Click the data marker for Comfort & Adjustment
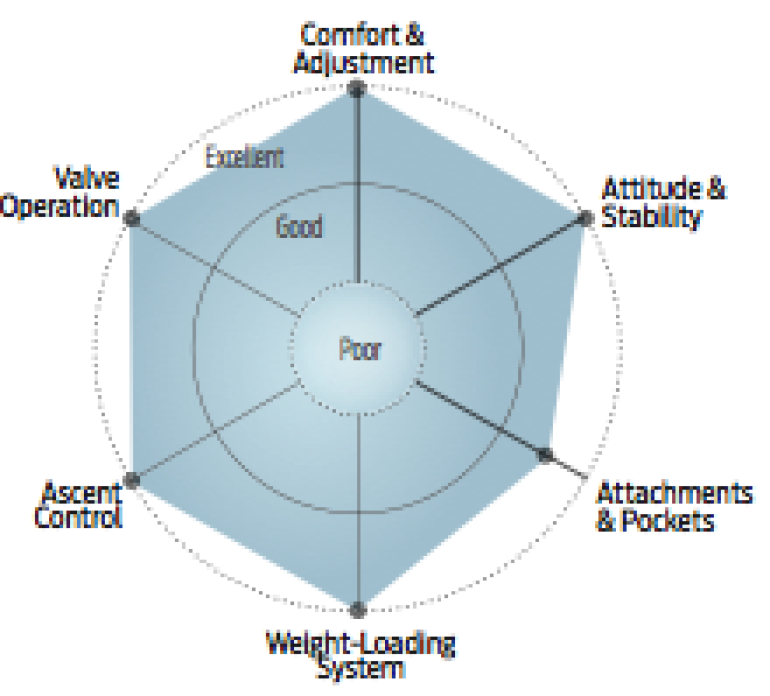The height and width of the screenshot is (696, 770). coord(357,89)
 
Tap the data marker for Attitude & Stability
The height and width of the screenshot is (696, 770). coord(585,218)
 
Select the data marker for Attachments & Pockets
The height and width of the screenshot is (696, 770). coord(545,455)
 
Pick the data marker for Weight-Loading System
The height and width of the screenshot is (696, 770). coord(358,610)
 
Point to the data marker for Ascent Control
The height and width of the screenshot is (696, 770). coord(132,480)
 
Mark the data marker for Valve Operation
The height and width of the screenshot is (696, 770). coord(132,218)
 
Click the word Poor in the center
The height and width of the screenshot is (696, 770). coord(360,348)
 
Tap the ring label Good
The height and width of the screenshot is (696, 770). coord(299,226)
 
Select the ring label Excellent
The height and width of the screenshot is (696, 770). coord(245,157)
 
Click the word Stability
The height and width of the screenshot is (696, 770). coord(651,216)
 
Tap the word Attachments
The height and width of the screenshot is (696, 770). coord(674,493)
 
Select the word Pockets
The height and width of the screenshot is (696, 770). coord(668,520)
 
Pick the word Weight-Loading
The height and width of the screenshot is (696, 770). coord(361,646)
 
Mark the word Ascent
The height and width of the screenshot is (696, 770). coord(82,492)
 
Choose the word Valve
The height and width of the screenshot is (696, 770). coord(87,177)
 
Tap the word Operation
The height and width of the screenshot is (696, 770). coord(59,207)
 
